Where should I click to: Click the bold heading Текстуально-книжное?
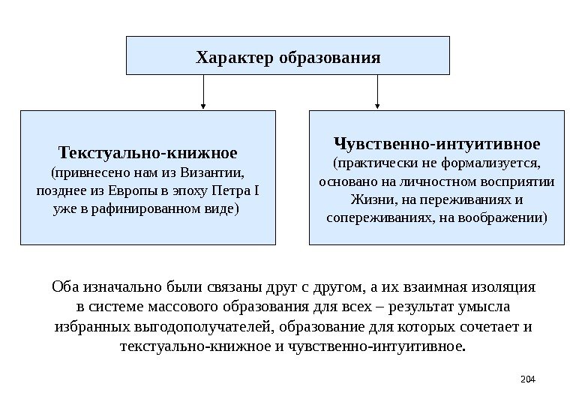(148, 153)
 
